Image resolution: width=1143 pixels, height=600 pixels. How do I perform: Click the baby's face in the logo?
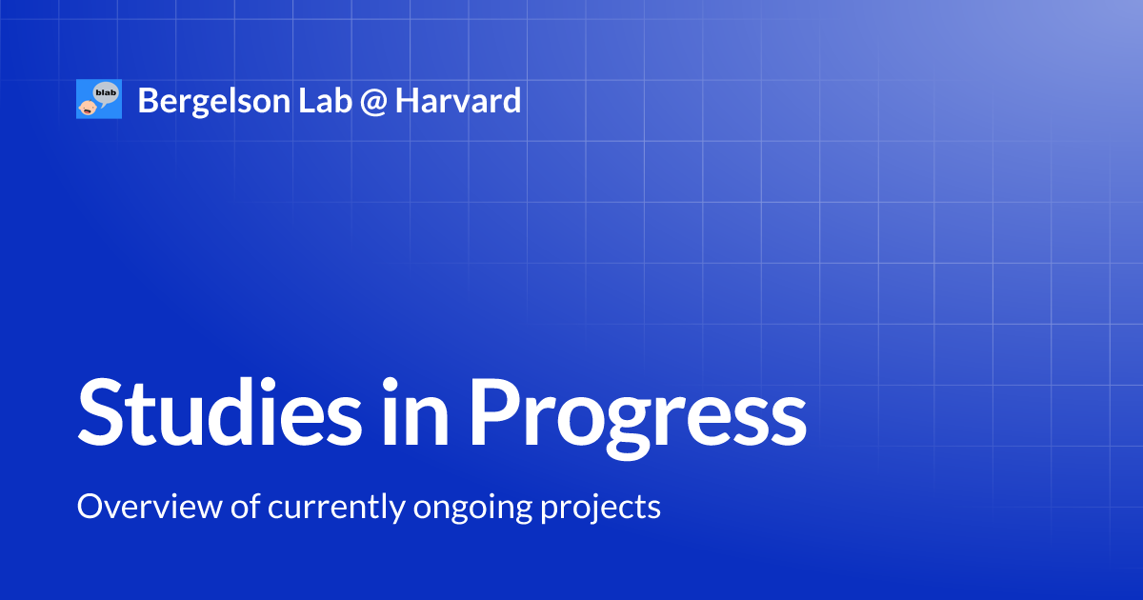[x=87, y=106]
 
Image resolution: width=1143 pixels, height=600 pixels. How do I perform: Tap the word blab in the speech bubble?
[x=106, y=92]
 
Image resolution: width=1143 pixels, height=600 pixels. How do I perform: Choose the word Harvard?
[x=458, y=100]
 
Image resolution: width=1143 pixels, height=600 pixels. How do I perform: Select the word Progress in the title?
[x=637, y=416]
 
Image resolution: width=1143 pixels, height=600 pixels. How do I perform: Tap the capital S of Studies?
[x=102, y=412]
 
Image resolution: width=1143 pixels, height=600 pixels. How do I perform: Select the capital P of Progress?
[x=493, y=412]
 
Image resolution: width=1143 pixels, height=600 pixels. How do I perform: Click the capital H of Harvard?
[x=408, y=100]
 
